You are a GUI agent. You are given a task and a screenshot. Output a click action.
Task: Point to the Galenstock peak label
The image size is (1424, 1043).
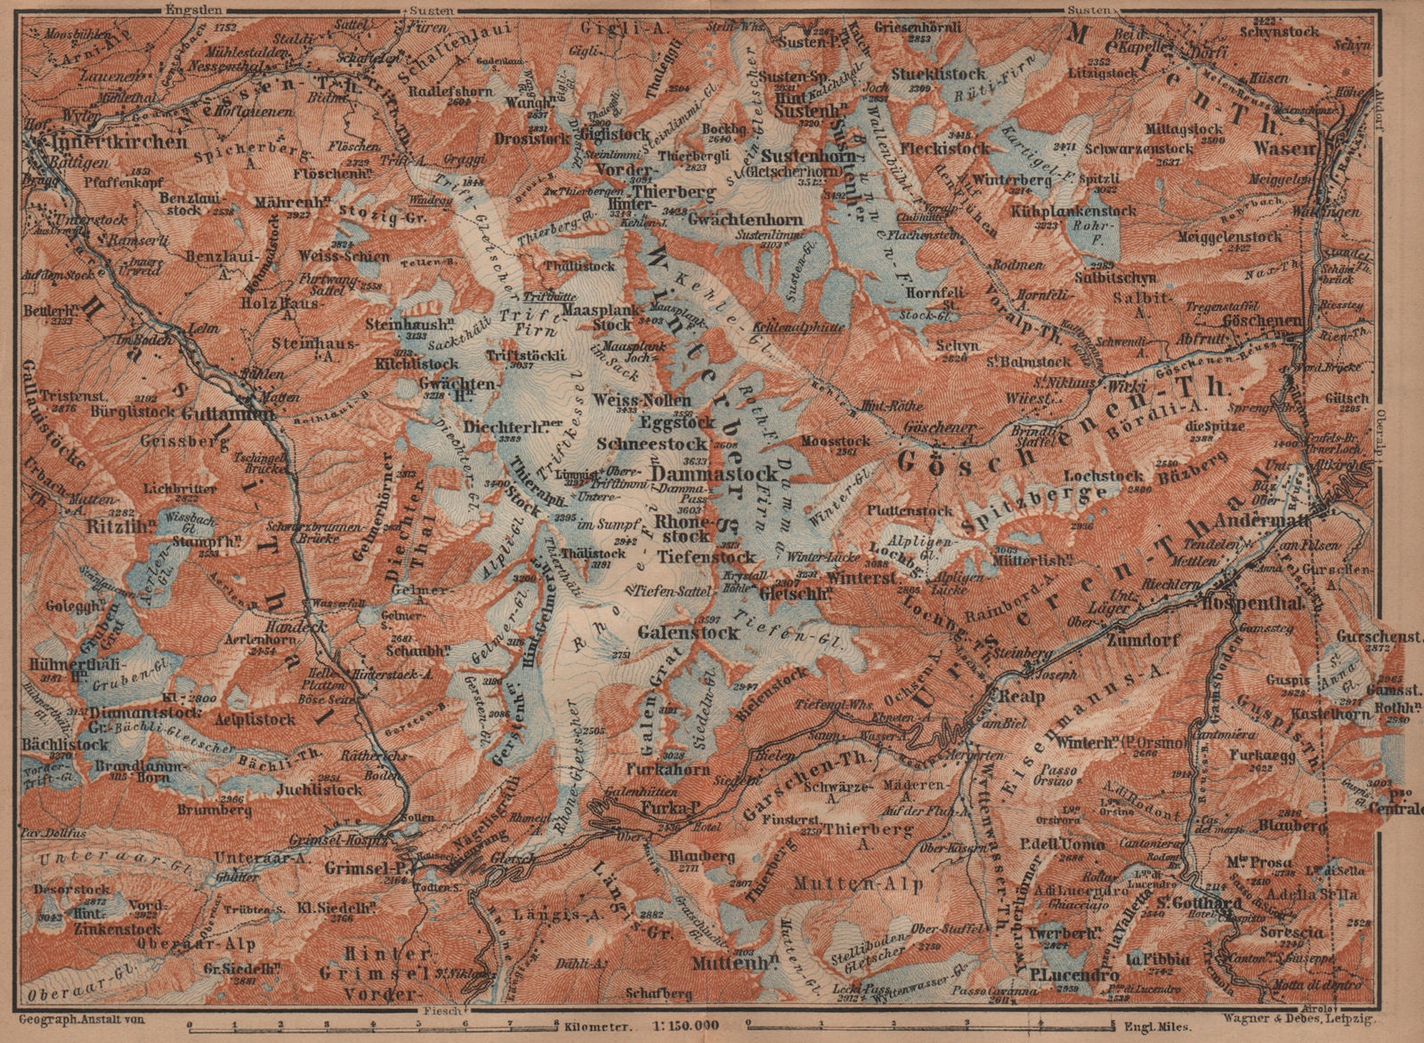(689, 633)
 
